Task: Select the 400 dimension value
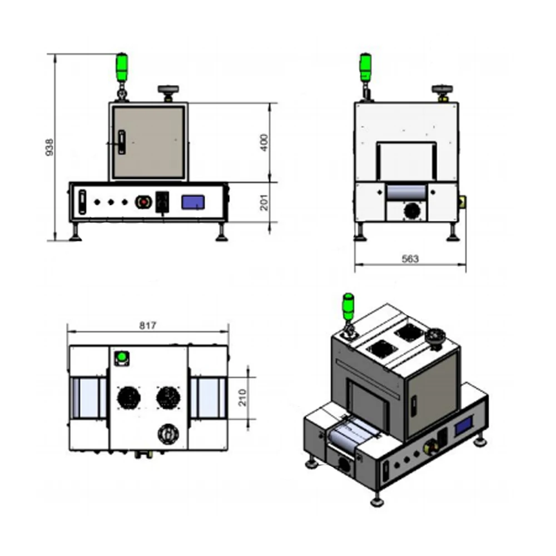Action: coord(265,142)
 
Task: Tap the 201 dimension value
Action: coord(265,202)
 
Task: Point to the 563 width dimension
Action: coord(409,259)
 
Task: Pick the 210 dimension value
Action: coord(242,397)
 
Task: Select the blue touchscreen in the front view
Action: coord(194,201)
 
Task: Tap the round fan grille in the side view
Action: coord(412,210)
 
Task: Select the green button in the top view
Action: coord(120,356)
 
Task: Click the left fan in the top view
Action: coord(128,397)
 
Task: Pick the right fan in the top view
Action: coord(168,397)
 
